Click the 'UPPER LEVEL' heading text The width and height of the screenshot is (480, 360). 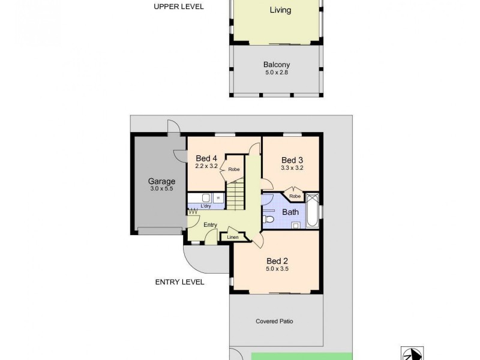pos(179,7)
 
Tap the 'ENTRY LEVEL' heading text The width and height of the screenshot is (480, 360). pos(180,281)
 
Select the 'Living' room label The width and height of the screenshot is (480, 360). pos(280,10)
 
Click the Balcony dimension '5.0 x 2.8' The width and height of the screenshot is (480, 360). pos(277,73)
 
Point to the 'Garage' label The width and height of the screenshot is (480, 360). pos(162,181)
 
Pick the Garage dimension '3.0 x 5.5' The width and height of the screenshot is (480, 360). pos(161,189)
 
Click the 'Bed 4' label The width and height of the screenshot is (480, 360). pos(206,158)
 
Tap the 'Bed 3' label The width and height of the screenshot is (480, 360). pos(292,160)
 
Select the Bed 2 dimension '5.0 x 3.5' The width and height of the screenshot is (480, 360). pos(277,269)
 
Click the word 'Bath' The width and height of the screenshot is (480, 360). pos(290,212)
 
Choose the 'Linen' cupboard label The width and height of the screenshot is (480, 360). pos(233,238)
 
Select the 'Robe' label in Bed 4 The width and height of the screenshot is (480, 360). pos(233,170)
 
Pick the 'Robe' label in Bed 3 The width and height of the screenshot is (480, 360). pos(294,196)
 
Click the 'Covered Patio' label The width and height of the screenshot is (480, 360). pos(275,321)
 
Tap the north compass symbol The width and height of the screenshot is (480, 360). pos(413,353)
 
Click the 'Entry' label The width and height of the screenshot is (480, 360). pos(210,225)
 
